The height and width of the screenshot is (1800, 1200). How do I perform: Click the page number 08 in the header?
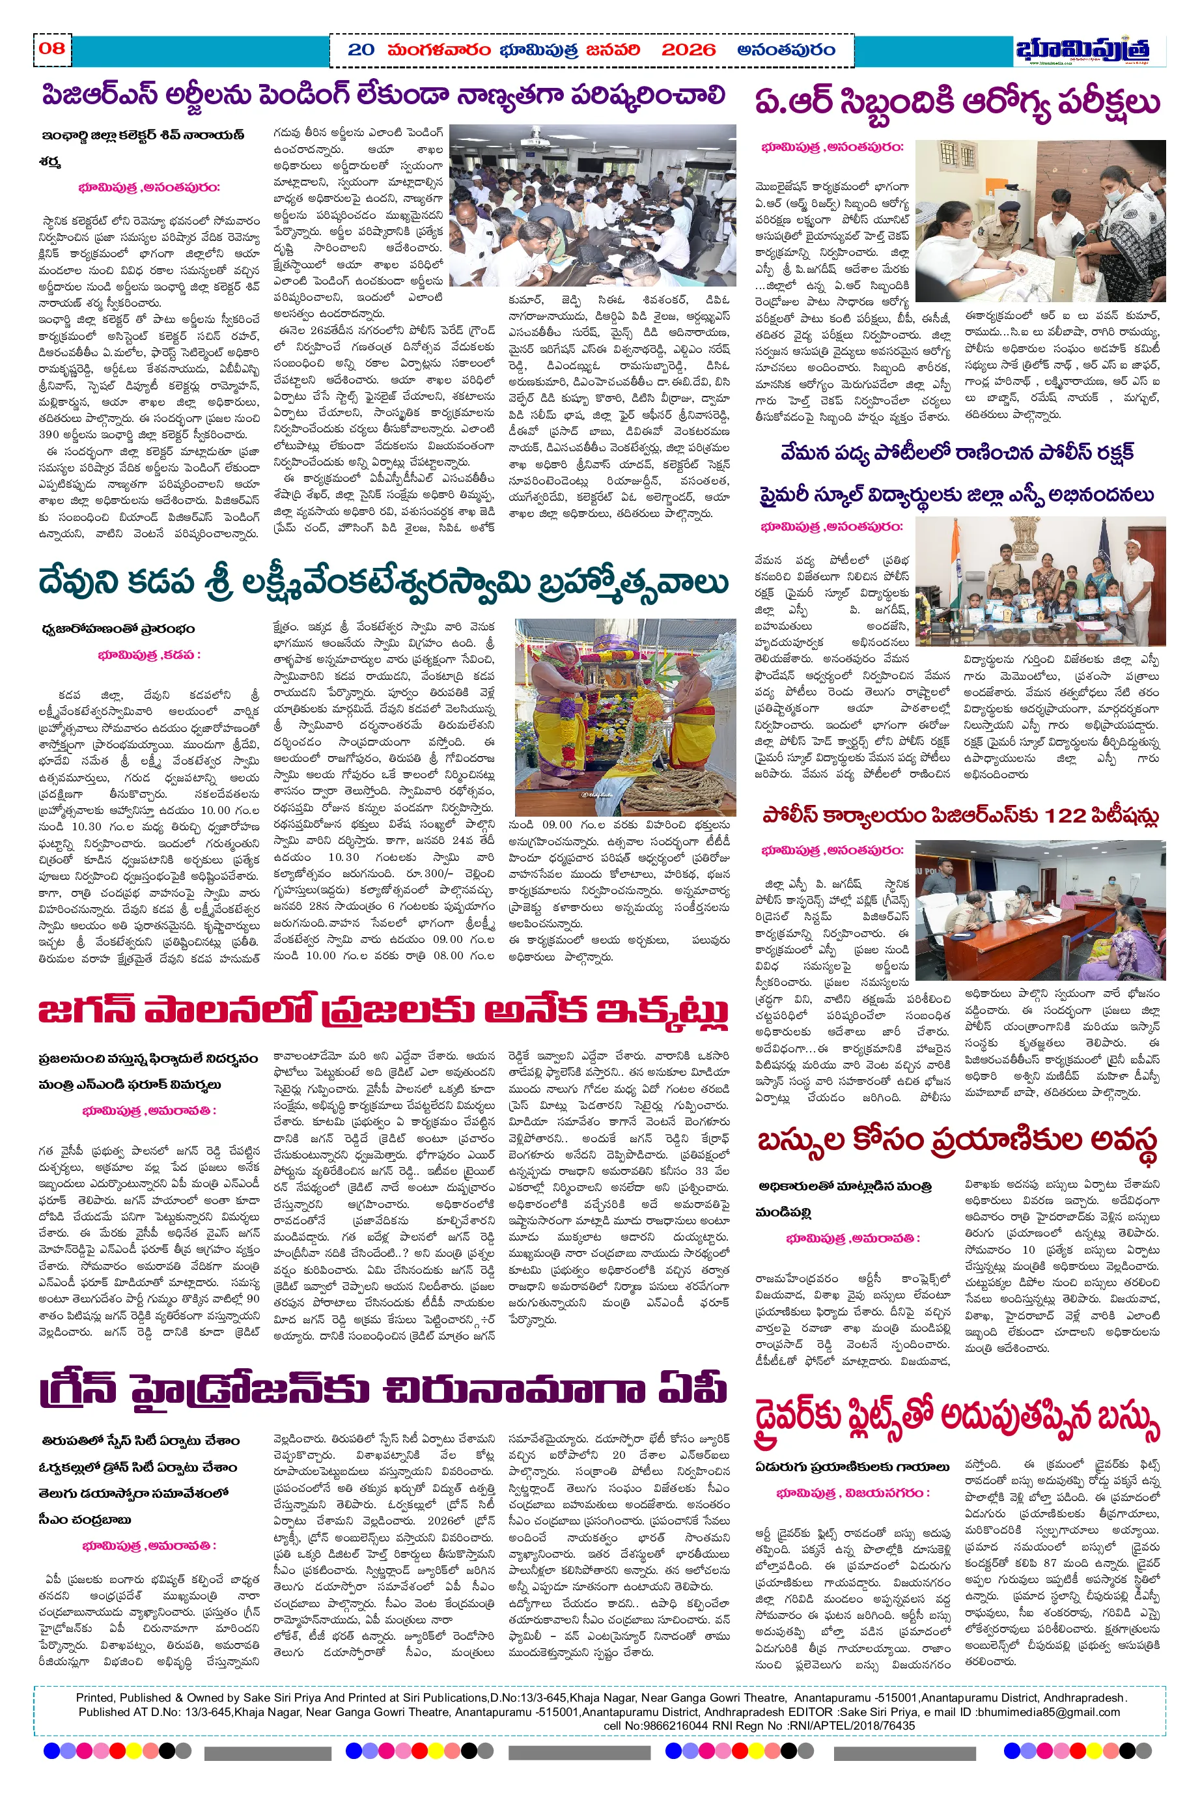click(52, 49)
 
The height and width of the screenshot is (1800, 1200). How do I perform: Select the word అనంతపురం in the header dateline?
click(785, 51)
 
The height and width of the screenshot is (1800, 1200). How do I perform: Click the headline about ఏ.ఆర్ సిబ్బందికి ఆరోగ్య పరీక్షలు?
click(956, 102)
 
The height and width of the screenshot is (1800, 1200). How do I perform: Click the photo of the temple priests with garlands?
click(624, 717)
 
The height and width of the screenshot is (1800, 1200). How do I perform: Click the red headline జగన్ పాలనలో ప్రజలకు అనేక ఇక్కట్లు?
click(383, 1010)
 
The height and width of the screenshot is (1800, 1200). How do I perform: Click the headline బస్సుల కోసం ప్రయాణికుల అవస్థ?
click(956, 1141)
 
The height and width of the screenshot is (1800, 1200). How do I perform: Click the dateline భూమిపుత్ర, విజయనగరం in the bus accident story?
click(852, 1493)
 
